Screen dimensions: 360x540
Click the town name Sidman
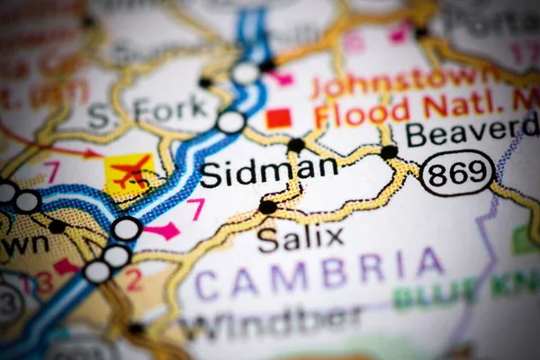tap(268, 172)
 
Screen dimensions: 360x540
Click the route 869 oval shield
tap(457, 173)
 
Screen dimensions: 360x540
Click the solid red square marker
tap(278, 118)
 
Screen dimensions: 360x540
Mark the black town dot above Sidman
tap(295, 145)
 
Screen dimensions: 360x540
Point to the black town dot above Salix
tap(267, 207)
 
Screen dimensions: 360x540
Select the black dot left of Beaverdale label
tap(389, 152)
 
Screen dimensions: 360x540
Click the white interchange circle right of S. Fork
tap(231, 121)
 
